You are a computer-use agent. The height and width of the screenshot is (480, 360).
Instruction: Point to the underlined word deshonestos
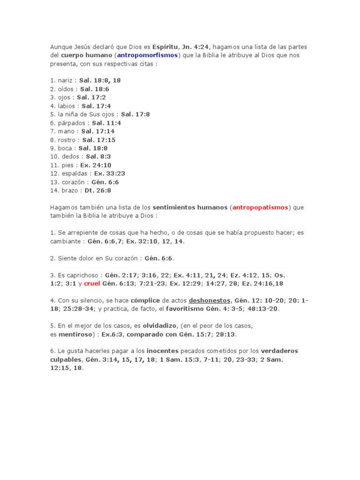click(210, 300)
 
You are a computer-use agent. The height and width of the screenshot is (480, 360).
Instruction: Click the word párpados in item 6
click(72, 122)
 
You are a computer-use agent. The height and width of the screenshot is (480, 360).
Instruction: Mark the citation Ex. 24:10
click(96, 165)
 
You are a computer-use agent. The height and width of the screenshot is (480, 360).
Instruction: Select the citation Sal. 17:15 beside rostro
click(99, 139)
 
